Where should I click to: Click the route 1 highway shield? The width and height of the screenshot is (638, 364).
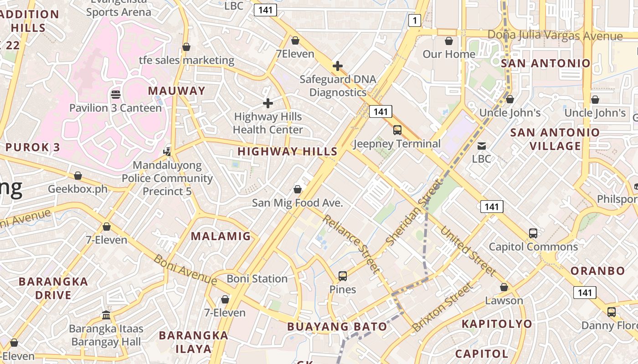[x=414, y=20]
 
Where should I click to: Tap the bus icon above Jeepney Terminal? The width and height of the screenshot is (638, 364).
[x=397, y=130]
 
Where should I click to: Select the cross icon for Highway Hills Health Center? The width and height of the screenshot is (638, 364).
[x=268, y=103]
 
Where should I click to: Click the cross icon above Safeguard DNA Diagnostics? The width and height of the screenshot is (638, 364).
[x=337, y=66]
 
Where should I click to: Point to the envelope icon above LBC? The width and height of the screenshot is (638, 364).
[x=481, y=146]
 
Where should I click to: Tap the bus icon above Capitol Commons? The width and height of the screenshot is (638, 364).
[x=533, y=233]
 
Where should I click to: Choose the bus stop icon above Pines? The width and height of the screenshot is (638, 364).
[x=343, y=276]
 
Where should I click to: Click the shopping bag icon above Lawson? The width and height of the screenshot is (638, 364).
[x=504, y=287]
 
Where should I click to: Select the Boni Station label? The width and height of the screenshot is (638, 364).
[x=257, y=278]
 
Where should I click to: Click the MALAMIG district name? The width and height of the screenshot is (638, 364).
[x=221, y=236]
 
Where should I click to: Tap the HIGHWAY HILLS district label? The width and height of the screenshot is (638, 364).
[x=288, y=152]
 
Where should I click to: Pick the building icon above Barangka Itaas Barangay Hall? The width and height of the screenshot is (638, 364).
[x=106, y=315]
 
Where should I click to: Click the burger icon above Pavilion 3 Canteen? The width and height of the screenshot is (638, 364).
[x=115, y=95]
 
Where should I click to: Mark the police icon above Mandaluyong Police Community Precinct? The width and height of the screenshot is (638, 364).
[x=167, y=151]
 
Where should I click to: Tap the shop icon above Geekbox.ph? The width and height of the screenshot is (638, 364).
[x=78, y=176]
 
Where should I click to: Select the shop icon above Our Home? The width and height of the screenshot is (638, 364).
[x=449, y=41]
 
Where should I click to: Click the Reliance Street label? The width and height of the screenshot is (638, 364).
[x=351, y=244]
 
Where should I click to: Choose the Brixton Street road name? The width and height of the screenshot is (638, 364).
[x=442, y=307]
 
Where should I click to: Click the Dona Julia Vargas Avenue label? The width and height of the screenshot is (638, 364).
[x=555, y=35]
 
